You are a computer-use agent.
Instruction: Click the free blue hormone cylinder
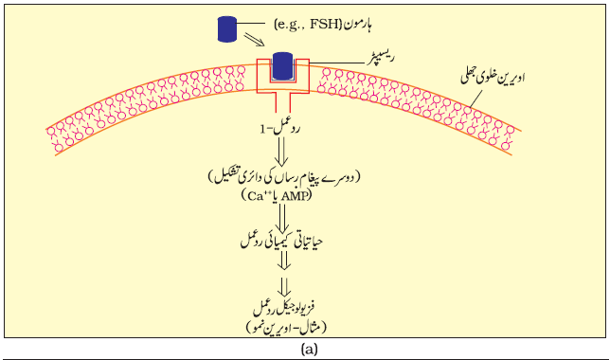click(227, 28)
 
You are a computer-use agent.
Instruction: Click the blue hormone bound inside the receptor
click(282, 66)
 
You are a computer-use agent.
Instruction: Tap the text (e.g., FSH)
click(307, 25)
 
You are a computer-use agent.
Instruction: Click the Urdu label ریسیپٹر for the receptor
click(381, 59)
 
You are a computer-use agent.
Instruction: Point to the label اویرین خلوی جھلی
click(493, 78)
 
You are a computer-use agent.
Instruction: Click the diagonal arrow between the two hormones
click(254, 40)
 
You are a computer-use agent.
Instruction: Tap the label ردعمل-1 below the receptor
click(280, 129)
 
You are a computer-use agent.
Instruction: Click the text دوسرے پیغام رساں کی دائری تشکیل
click(283, 178)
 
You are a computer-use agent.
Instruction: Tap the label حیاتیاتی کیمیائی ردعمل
click(281, 243)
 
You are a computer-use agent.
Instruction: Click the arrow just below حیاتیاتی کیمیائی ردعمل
click(284, 261)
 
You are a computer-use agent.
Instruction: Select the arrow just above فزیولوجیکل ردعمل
click(284, 287)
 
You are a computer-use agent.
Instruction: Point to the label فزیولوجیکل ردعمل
click(284, 307)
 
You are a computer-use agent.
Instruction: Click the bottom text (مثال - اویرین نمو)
click(285, 328)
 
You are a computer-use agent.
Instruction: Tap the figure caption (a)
click(309, 350)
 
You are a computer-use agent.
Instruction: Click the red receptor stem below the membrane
click(283, 102)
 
